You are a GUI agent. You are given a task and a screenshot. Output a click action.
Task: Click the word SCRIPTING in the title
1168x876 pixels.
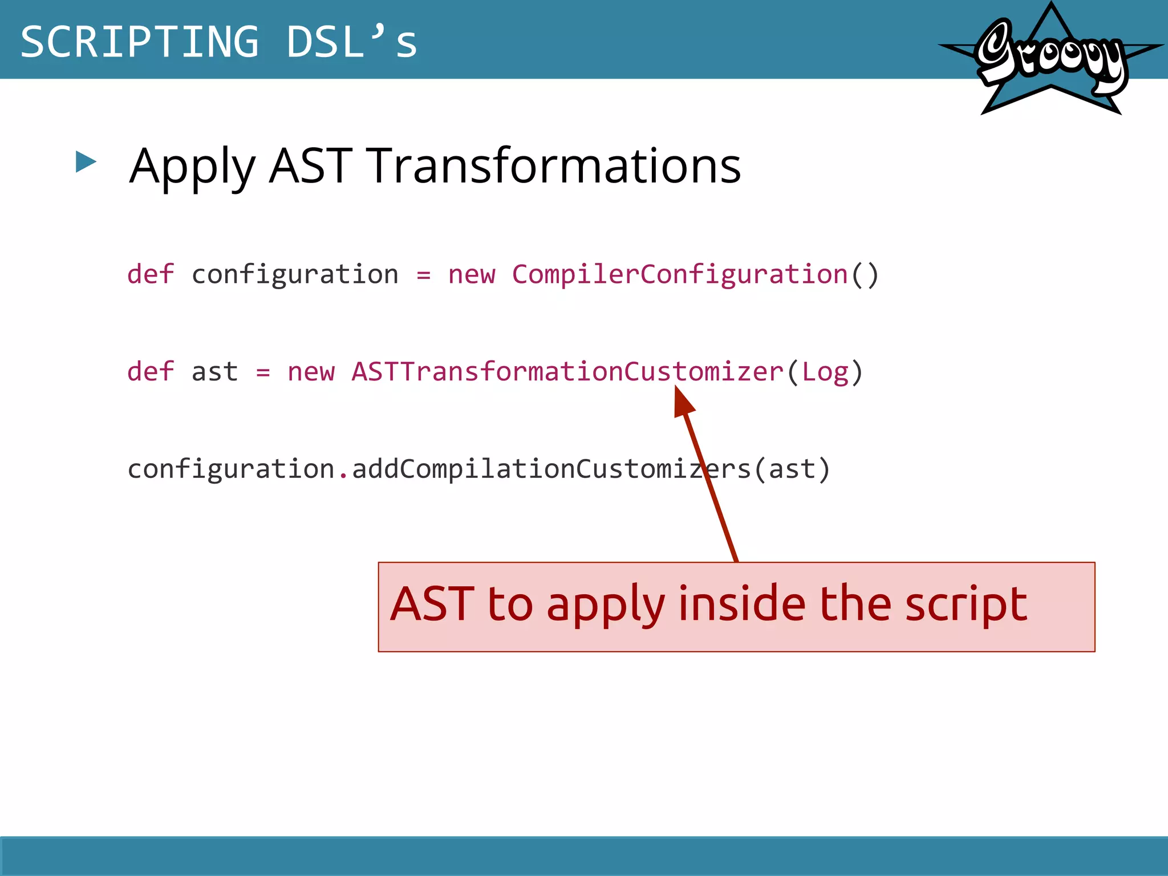click(140, 42)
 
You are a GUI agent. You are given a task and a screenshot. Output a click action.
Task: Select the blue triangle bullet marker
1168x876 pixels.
click(86, 162)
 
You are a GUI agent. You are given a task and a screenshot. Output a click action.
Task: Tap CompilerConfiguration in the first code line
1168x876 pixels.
click(679, 274)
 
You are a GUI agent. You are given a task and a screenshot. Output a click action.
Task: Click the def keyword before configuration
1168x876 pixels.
click(151, 274)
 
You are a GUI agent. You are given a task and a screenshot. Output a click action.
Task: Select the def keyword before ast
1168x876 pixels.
click(151, 372)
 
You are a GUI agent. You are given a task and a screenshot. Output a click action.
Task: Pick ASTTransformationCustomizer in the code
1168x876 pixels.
click(567, 372)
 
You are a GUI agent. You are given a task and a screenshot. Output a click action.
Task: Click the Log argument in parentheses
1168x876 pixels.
click(825, 372)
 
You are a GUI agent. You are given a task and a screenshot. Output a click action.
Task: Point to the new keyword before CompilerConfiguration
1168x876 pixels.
click(472, 274)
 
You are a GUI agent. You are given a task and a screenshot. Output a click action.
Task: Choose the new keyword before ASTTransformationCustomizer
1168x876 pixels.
click(311, 372)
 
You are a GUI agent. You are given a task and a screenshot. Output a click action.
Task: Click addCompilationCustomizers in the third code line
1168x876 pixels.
click(551, 469)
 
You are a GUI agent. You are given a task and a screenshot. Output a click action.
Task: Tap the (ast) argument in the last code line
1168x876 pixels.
click(792, 469)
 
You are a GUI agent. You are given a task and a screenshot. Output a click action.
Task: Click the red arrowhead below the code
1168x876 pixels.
click(683, 401)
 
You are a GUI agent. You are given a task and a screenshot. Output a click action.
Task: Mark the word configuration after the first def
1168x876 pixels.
click(295, 274)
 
